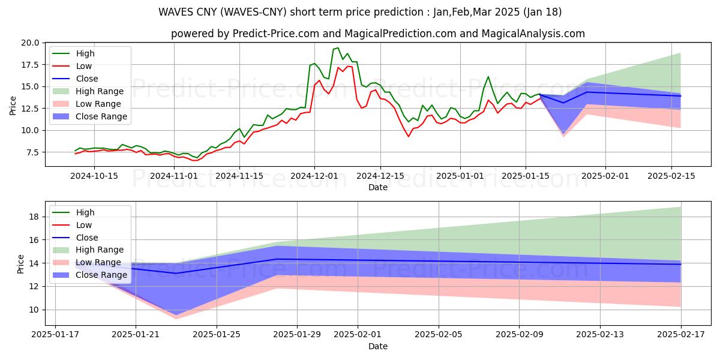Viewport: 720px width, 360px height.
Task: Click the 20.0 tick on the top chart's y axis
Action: [31, 43]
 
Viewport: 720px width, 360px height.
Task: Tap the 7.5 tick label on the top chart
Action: [33, 152]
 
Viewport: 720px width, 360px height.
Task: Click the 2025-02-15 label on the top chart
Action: [671, 176]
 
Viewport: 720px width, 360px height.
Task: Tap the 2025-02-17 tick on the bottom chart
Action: [680, 334]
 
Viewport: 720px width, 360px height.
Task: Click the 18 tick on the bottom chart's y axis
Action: [35, 217]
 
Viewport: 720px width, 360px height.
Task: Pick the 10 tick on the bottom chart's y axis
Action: [35, 310]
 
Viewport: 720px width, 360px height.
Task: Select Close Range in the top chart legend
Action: [101, 116]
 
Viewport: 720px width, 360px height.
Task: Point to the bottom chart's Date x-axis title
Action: [378, 346]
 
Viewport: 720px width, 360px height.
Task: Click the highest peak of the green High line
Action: [338, 48]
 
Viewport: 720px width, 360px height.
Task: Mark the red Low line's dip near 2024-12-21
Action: [409, 136]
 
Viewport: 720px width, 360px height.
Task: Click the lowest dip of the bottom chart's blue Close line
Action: [176, 273]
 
